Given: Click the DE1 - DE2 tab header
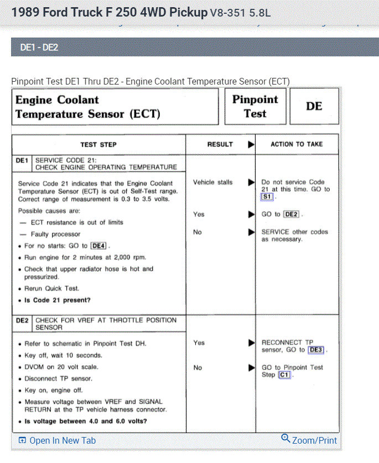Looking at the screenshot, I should pyautogui.click(x=39, y=48).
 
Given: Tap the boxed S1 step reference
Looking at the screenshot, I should pyautogui.click(x=268, y=197).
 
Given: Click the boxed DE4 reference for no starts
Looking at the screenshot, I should pyautogui.click(x=98, y=245).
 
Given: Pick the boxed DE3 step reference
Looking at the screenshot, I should pyautogui.click(x=315, y=350).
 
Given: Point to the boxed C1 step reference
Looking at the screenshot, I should pyautogui.click(x=285, y=375).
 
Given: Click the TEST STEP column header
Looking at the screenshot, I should pyautogui.click(x=98, y=144).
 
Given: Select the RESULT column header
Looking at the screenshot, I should pyautogui.click(x=220, y=144).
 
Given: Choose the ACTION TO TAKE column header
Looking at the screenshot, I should pyautogui.click(x=297, y=144).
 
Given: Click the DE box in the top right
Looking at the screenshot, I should pyautogui.click(x=314, y=106).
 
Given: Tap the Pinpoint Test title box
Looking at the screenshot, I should pyautogui.click(x=255, y=107).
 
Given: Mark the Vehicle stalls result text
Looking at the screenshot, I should pyautogui.click(x=212, y=182).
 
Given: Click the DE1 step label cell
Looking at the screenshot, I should pyautogui.click(x=22, y=160).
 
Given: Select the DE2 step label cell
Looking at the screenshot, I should pyautogui.click(x=22, y=320).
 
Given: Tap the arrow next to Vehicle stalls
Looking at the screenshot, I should pyautogui.click(x=251, y=182).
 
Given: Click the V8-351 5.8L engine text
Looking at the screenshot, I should pyautogui.click(x=241, y=12).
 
